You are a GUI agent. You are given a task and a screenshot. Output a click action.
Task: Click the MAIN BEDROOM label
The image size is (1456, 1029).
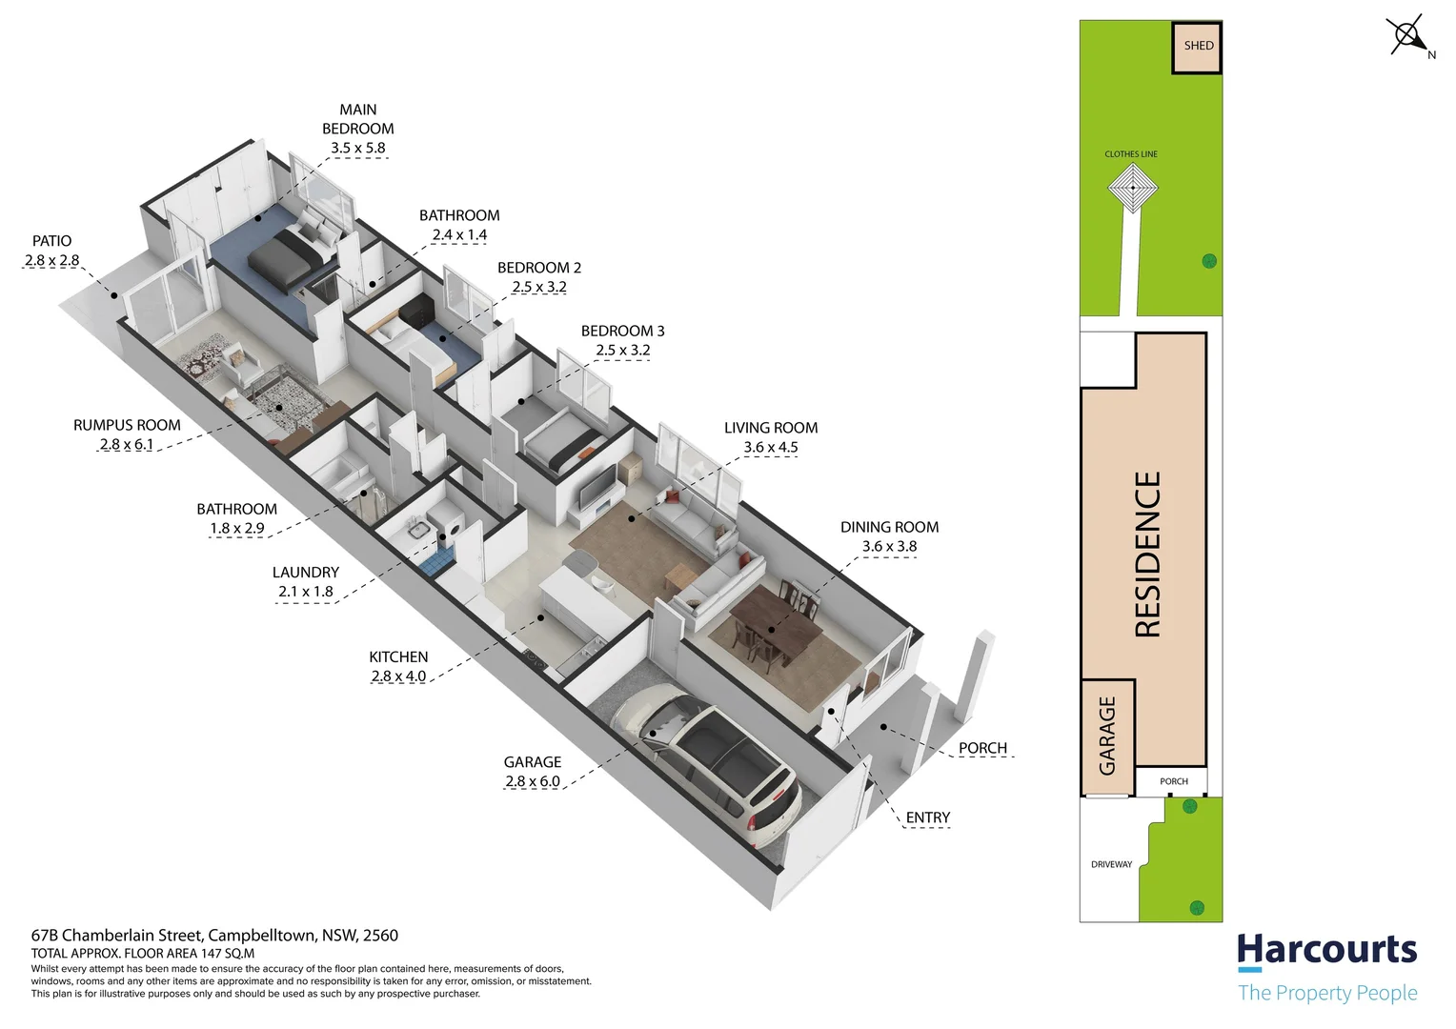point(357,119)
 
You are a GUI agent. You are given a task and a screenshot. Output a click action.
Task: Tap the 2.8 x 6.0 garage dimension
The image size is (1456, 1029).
point(533,781)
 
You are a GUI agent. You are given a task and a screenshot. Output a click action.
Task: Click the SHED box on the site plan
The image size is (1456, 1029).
point(1197,47)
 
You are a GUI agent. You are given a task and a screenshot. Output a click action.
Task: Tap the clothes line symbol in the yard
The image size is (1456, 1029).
point(1132,187)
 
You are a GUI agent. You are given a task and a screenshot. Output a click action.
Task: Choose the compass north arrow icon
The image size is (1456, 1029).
point(1408,37)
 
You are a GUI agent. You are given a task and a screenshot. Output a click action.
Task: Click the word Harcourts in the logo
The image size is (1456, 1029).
point(1326,950)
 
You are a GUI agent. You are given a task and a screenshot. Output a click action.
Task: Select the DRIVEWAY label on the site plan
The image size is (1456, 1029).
point(1111,864)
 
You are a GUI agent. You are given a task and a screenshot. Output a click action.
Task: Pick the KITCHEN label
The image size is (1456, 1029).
point(398,656)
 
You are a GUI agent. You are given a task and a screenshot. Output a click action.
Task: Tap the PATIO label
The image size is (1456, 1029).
point(51,241)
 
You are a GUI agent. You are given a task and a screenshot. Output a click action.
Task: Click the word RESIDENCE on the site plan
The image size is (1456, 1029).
point(1147,555)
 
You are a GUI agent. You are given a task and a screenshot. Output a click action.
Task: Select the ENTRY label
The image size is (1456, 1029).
point(927,817)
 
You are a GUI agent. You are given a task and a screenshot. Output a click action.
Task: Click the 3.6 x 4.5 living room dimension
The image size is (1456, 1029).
point(771,447)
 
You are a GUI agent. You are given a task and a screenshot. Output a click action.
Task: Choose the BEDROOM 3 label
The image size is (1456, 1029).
point(622,331)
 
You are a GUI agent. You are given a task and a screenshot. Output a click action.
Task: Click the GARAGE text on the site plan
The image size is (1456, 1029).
point(1107,736)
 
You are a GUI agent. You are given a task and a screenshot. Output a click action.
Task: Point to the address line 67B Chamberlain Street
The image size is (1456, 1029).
point(214,936)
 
